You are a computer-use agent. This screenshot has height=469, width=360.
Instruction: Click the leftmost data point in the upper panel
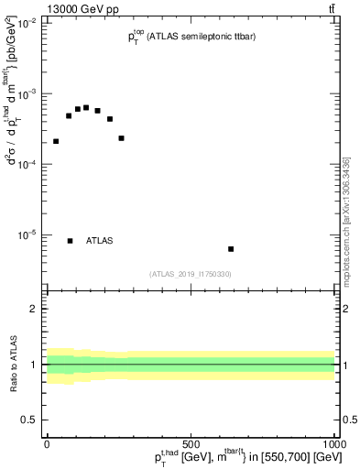point(56,141)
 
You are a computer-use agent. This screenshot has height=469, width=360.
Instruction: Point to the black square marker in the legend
point(70,241)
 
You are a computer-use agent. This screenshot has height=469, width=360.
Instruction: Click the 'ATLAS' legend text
point(99,241)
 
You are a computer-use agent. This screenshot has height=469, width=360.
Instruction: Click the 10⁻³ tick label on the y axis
point(27,94)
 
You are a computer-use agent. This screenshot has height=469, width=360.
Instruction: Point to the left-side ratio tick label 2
point(34,310)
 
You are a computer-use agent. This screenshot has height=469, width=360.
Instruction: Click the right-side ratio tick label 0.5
point(349,420)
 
